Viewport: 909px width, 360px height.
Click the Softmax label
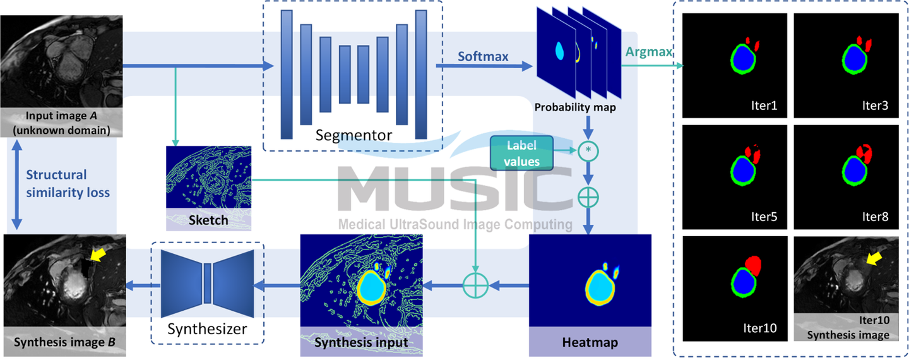coord(483,56)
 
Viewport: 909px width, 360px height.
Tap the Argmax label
coord(648,51)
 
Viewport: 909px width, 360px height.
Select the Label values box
coord(523,153)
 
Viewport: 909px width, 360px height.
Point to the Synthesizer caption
coord(207,328)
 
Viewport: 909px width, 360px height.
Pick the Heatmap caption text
coord(589,343)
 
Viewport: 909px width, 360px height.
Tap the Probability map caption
coord(575,107)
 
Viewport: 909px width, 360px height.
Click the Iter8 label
coord(874,217)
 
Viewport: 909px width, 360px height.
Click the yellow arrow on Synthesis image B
coord(98,255)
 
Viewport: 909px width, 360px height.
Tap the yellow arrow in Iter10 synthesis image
coord(874,259)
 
